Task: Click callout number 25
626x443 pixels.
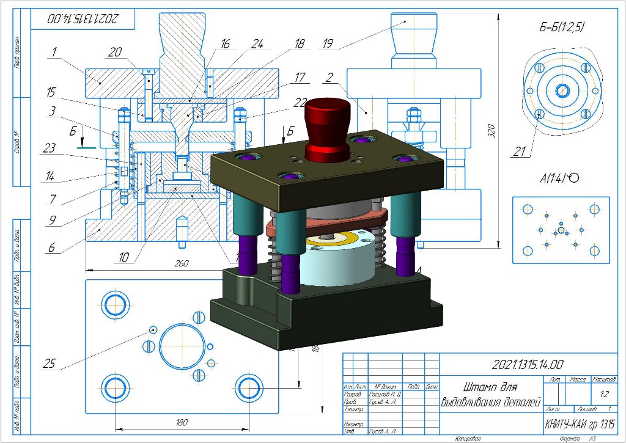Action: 48,364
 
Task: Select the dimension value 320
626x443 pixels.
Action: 492,134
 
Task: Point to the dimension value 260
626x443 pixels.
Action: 181,263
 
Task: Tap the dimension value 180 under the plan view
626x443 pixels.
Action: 182,422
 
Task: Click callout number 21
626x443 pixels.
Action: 520,152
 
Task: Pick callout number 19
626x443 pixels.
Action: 328,43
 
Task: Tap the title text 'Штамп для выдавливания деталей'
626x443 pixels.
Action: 490,395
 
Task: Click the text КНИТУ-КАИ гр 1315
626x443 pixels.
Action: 580,423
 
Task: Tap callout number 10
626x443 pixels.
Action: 124,257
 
